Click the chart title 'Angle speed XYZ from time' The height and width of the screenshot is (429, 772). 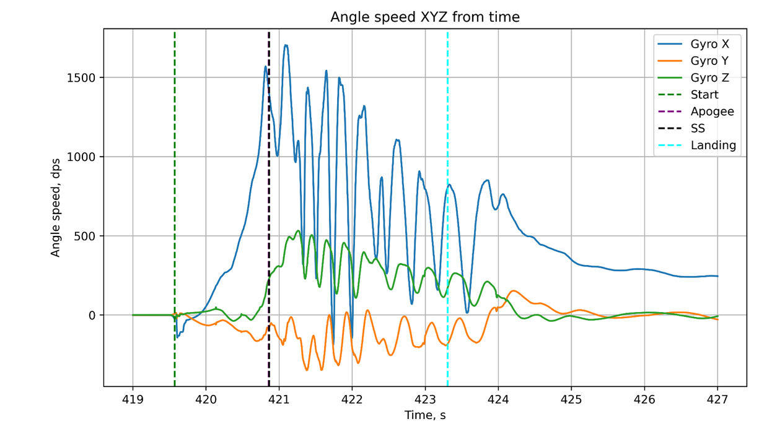coord(424,17)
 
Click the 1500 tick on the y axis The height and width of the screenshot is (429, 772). coord(82,78)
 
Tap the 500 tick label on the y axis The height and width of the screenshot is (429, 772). coord(86,236)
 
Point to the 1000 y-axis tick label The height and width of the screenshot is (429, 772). coord(82,157)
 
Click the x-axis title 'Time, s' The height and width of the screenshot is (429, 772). coord(425,415)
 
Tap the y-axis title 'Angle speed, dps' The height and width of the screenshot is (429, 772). coord(56,207)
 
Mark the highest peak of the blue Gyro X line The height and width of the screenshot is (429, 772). coord(286,45)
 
